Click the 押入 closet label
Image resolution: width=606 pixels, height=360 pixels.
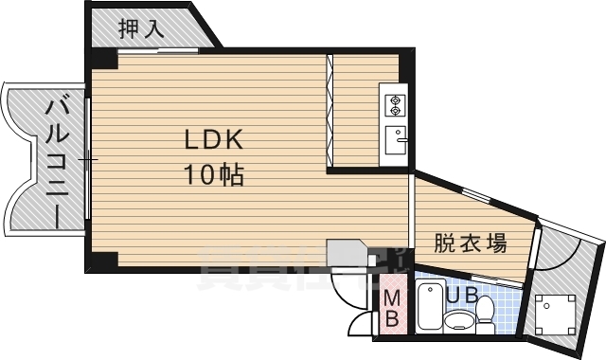coord(141,28)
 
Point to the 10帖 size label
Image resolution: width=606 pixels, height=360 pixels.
coord(214,174)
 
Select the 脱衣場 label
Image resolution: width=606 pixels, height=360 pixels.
coord(470,243)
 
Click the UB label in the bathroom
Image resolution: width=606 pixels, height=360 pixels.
coord(462,296)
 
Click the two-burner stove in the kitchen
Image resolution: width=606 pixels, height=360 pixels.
coord(393,103)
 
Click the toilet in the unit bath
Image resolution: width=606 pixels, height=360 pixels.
coord(485,310)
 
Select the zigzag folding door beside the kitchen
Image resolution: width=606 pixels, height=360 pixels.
coord(330,112)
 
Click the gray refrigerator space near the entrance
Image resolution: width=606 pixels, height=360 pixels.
coord(348,253)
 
